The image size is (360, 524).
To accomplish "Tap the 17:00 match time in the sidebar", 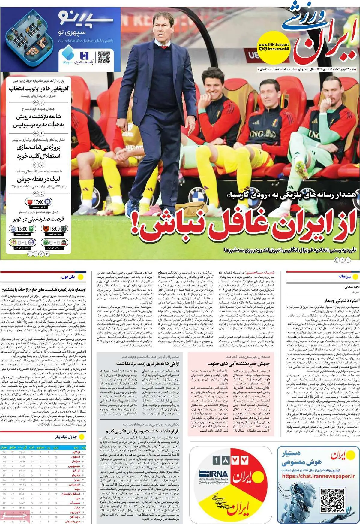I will [x=39, y=202].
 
